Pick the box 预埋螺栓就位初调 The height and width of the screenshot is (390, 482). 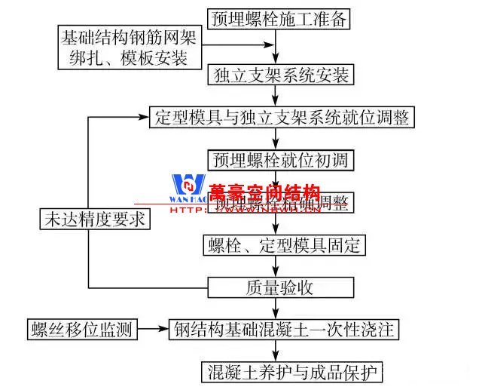tap(279, 160)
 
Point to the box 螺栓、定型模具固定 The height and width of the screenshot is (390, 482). tap(284, 245)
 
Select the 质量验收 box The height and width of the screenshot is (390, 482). tap(279, 287)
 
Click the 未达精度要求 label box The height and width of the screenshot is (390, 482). tap(93, 220)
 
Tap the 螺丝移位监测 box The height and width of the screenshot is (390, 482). tap(82, 330)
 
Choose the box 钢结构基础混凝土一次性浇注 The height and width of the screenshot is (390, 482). tap(283, 330)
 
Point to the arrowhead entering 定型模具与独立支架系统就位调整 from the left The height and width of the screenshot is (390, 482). tap(143, 118)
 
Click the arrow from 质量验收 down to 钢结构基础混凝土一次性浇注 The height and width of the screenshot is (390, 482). tap(279, 309)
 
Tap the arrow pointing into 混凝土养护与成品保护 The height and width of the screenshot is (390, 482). tap(279, 352)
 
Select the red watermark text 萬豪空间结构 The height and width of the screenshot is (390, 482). tap(265, 192)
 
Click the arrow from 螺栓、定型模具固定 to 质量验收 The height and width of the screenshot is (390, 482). tap(279, 266)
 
